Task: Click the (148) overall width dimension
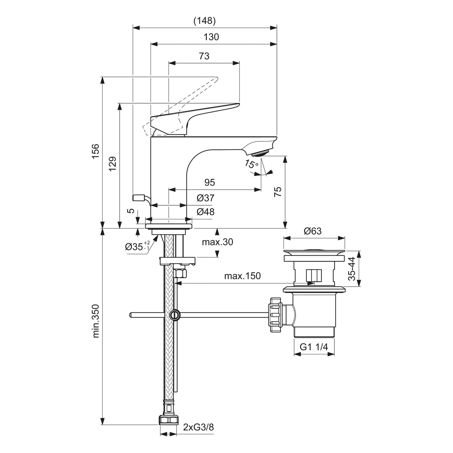[204, 21]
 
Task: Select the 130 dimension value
[211, 37]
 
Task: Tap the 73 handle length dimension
[204, 56]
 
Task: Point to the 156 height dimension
[95, 152]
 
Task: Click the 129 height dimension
[112, 164]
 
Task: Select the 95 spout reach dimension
[210, 182]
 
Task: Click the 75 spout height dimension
[278, 192]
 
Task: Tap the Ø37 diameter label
[205, 198]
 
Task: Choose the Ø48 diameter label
[205, 212]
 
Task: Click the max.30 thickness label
[217, 242]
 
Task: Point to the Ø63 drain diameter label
[313, 231]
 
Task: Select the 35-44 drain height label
[352, 269]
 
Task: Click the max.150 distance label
[242, 276]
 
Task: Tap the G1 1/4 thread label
[314, 347]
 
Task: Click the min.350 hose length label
[96, 321]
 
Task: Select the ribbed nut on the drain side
[276, 315]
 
